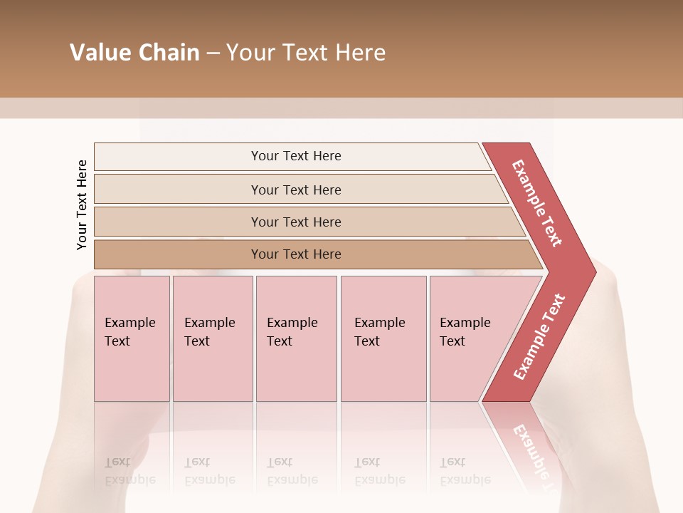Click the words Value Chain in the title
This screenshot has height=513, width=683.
coord(134,53)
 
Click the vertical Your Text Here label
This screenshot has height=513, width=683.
coord(82,205)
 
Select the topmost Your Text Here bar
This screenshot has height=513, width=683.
coord(296,156)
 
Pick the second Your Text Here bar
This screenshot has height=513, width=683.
coord(296,190)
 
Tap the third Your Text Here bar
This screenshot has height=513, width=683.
coord(296,222)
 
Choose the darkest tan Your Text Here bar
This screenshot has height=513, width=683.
coord(296,254)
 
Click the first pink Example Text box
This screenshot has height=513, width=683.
coord(132,338)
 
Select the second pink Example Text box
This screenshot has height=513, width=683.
coord(212,338)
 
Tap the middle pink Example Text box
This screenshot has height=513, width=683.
coord(296,338)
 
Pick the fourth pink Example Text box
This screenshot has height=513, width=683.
coord(383,338)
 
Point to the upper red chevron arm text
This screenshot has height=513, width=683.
coord(537,203)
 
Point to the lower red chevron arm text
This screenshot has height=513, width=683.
coord(539,336)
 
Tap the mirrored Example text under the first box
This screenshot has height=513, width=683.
coord(130,479)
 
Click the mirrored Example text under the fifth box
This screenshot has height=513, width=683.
coord(465,479)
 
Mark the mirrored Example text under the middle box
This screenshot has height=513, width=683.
coord(292,479)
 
